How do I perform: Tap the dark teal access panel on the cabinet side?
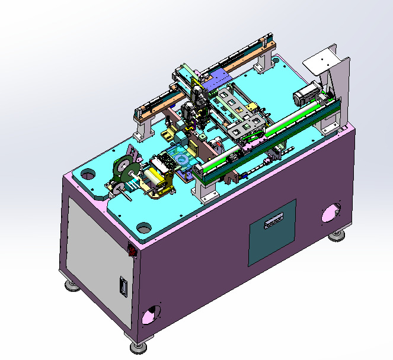click(271, 232)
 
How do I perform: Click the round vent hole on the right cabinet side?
click(330, 213)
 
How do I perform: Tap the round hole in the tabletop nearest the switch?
click(143, 227)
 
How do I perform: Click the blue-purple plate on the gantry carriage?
click(220, 77)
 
